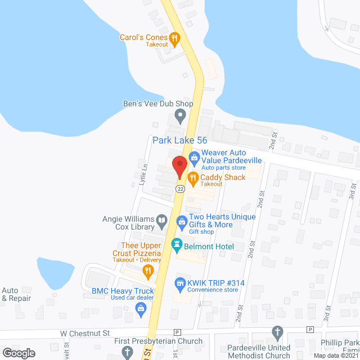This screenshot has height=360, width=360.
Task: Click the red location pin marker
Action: pos(179,166)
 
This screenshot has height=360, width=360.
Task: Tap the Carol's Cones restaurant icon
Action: pos(174,38)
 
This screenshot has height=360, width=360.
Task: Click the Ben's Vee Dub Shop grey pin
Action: pos(181,117)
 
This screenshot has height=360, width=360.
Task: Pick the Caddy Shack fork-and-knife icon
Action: pos(193,179)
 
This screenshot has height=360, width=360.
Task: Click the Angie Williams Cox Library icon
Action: pos(162,221)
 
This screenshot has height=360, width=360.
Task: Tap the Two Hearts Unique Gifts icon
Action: pos(182,221)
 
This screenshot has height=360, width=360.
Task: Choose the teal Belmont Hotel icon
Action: pos(175,246)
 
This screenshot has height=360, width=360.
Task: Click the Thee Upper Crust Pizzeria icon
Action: pos(148,272)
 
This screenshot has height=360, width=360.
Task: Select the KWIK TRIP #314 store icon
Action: pos(181,282)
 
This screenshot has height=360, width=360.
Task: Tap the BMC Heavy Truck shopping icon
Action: pos(140,307)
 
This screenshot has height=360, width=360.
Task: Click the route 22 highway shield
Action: pos(179,189)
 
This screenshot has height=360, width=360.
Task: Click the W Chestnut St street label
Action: pos(85,333)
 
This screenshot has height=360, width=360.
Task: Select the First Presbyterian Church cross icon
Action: pos(127,352)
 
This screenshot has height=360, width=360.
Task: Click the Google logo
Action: pos(18,353)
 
